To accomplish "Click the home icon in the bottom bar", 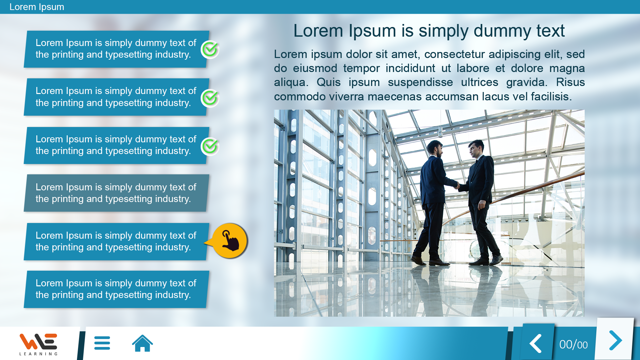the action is pos(142,343).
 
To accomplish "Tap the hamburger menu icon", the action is pos(102,343).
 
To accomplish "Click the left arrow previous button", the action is pos(536,344).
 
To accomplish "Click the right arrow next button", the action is pos(615,340).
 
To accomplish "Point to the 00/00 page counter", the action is pos(573,345).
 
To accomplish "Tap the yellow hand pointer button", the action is pos(229,241).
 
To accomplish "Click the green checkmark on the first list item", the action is pos(210,49).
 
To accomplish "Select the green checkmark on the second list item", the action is pos(210,98).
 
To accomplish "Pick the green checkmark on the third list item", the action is pos(210,146).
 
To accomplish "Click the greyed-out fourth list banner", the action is pos(116,193).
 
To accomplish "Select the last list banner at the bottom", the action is pos(116,289).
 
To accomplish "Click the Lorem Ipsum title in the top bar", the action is pos(37,7).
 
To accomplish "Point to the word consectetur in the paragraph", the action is pos(455,54).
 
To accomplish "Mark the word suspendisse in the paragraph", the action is pos(420,82).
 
